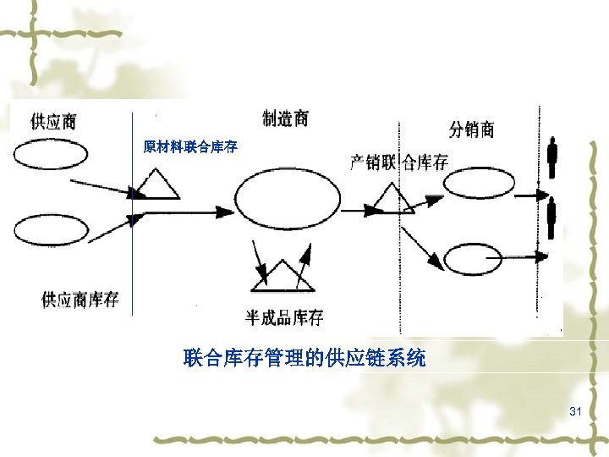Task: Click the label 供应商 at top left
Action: (53, 121)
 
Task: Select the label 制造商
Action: (285, 118)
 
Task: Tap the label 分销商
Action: (471, 129)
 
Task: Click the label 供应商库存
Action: (80, 300)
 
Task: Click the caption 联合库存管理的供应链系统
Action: (304, 359)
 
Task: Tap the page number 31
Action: (576, 411)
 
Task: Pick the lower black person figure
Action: (552, 218)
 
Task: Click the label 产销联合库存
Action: (398, 162)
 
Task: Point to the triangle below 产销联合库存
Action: (390, 201)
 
